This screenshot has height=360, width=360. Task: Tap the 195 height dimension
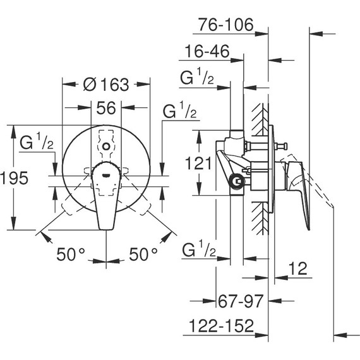point(15,177)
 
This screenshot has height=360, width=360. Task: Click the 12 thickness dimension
point(298,268)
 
